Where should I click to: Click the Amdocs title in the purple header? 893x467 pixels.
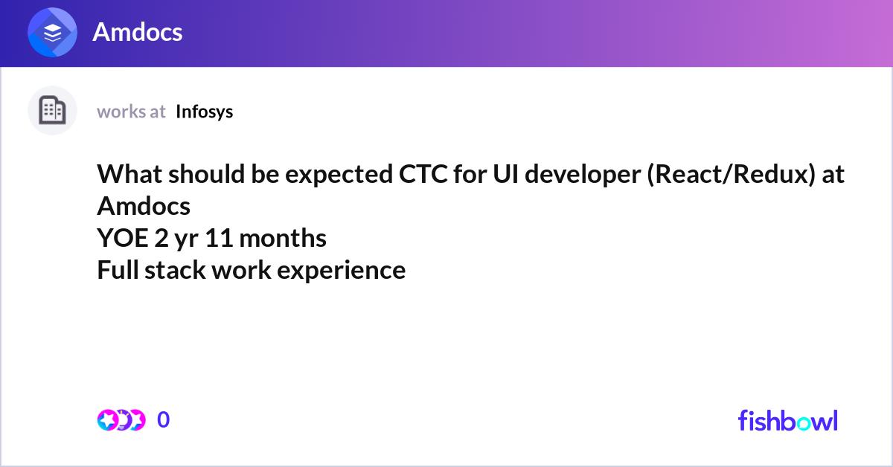(138, 32)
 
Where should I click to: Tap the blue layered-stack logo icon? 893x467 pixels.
(52, 32)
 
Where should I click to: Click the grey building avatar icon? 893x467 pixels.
(52, 110)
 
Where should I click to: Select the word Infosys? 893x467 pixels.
(204, 112)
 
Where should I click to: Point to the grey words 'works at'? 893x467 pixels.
(131, 112)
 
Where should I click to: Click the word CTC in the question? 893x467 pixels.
(423, 174)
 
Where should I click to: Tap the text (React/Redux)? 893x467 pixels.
(731, 175)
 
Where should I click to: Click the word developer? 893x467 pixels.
(583, 175)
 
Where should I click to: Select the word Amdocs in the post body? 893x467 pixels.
(144, 206)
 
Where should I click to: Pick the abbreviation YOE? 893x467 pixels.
(122, 238)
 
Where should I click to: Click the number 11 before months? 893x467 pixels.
(219, 238)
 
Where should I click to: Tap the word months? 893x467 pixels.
(283, 238)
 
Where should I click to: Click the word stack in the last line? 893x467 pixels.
(175, 270)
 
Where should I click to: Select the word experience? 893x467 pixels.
(341, 271)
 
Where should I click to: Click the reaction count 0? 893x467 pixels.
(164, 419)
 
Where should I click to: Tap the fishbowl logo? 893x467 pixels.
(788, 420)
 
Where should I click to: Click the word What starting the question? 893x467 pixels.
(129, 174)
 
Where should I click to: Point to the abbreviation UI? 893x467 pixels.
(505, 174)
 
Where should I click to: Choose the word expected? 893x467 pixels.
(339, 175)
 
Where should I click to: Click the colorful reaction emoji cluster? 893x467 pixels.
(121, 420)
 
